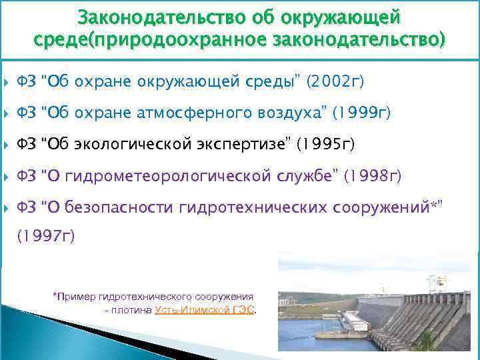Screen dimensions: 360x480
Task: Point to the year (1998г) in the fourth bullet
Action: [373, 176]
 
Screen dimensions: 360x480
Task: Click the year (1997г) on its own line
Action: [46, 235]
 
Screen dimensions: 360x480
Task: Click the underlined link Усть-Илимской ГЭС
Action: [205, 311]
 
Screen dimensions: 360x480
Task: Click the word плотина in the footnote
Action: [133, 311]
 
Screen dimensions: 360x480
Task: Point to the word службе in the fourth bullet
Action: [311, 176]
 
